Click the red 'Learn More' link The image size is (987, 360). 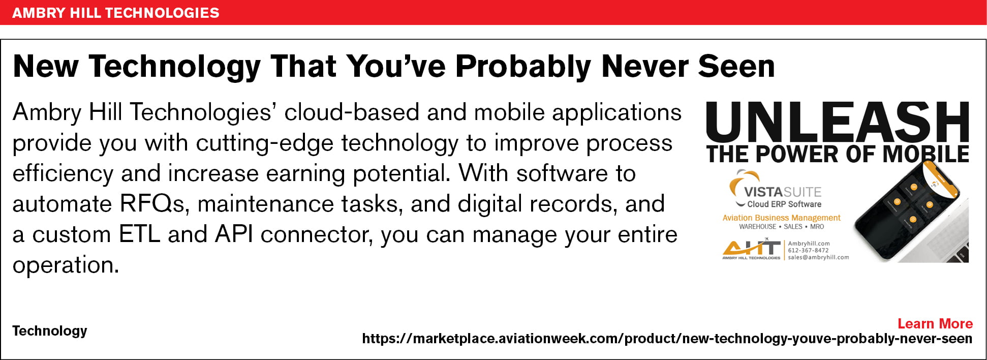tap(935, 323)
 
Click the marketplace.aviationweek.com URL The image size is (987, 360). tap(667, 339)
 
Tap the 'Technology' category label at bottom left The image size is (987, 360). tap(50, 331)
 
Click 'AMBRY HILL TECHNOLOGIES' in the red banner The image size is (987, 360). tap(116, 13)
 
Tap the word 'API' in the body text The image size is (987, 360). tap(234, 234)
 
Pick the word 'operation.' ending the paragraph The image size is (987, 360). tap(66, 265)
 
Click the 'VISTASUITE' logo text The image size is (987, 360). tap(783, 192)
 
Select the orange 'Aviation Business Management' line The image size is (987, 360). tap(781, 218)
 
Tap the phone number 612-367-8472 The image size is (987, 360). tap(808, 250)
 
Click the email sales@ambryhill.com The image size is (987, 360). tap(818, 257)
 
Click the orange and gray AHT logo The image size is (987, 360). tap(751, 249)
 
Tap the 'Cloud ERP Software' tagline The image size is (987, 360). tap(784, 204)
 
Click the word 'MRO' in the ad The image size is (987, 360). tap(817, 227)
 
